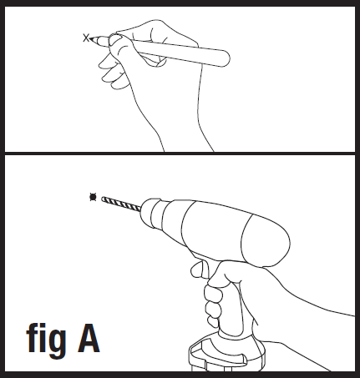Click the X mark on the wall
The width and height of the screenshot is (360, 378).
[86, 38]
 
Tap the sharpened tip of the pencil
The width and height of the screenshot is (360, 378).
[91, 38]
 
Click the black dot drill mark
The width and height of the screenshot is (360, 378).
[93, 197]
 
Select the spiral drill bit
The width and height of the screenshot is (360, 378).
[121, 204]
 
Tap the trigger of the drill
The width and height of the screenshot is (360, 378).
[199, 270]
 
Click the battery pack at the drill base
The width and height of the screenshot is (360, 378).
[227, 353]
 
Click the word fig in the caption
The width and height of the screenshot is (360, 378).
[46, 338]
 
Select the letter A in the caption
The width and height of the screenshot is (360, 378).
[89, 338]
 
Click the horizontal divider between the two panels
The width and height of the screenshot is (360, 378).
[180, 154]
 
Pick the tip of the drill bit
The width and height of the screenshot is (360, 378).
[103, 199]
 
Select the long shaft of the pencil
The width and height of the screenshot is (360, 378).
[178, 52]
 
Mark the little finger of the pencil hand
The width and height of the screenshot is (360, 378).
[119, 83]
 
